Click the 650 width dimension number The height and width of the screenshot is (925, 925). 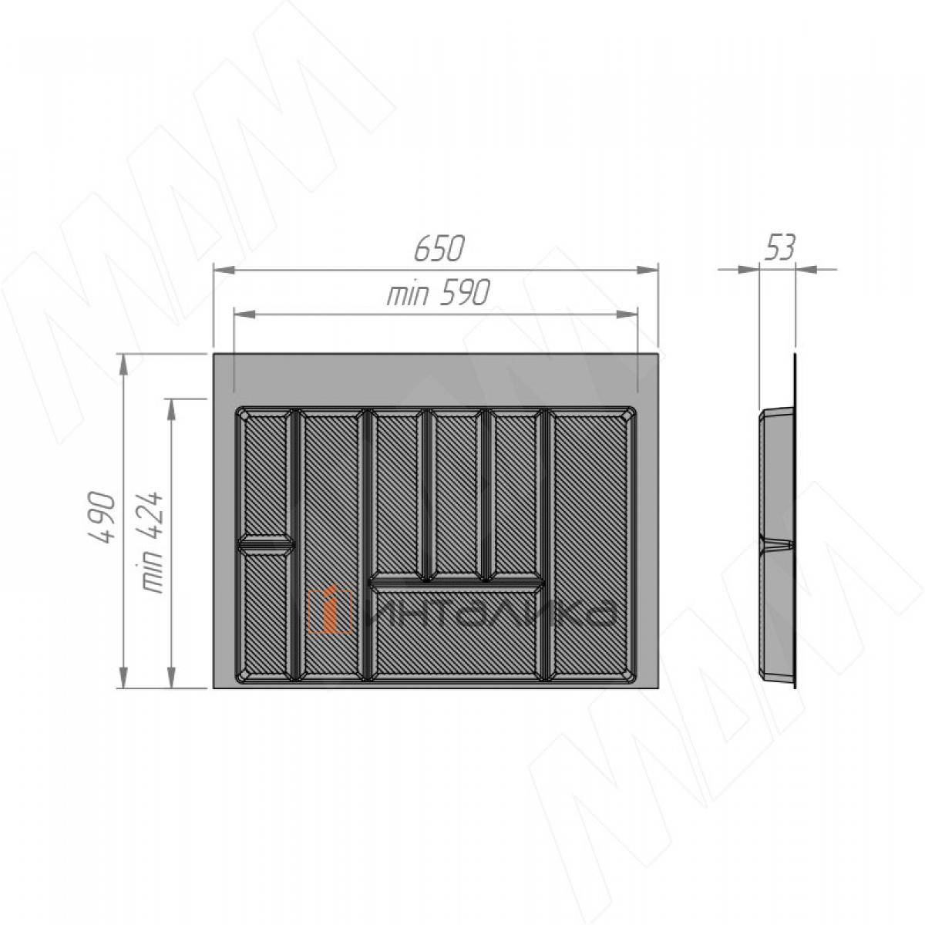click(x=439, y=248)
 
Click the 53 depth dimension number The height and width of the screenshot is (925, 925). click(x=779, y=248)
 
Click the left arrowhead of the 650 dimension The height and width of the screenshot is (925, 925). click(x=224, y=270)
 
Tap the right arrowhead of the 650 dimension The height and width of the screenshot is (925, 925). click(x=647, y=270)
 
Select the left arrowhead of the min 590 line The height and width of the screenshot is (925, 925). click(x=244, y=314)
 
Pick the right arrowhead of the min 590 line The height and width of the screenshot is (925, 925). click(x=627, y=314)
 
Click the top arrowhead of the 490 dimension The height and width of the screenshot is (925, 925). click(x=123, y=365)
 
